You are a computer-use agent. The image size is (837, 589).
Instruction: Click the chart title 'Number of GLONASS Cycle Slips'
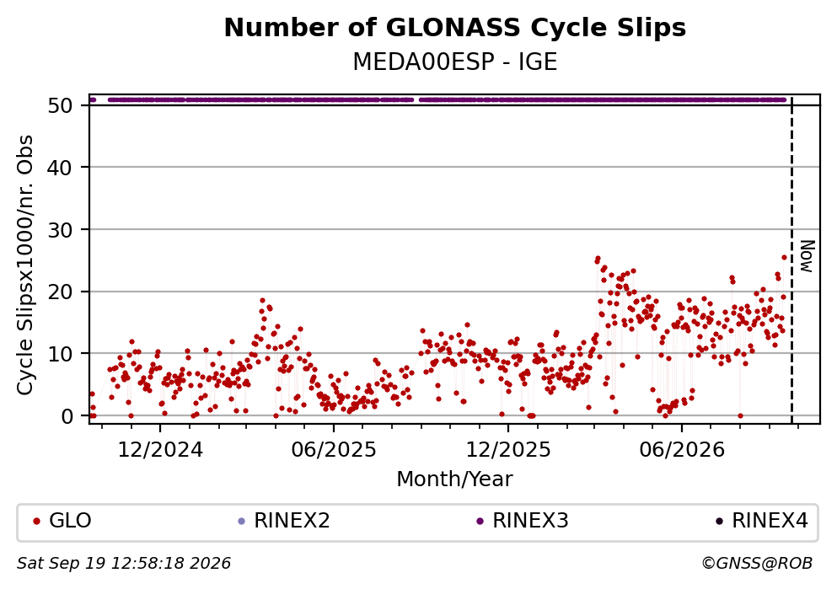point(455,28)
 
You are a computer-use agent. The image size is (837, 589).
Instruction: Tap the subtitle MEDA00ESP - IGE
point(455,62)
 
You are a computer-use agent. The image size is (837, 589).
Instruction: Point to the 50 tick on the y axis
point(60,105)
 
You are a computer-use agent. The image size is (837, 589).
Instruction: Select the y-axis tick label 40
point(60,168)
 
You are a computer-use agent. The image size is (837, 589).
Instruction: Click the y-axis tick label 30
point(60,229)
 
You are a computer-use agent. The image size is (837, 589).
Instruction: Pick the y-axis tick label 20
point(60,292)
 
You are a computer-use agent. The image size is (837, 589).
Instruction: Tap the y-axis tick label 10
point(60,354)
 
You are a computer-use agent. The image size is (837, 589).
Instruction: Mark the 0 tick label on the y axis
point(67,416)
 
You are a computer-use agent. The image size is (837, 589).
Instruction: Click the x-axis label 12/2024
point(160,450)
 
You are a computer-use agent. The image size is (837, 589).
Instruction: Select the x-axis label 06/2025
point(334,450)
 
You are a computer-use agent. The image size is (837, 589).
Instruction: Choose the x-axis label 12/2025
point(508,450)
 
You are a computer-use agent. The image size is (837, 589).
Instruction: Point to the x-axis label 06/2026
point(682,450)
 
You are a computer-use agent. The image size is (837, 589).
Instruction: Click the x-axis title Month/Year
point(454,479)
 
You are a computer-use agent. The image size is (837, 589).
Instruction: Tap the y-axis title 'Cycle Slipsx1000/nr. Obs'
point(25,265)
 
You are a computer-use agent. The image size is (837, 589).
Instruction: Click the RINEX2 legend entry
point(284,520)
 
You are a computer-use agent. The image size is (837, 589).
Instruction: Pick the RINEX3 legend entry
point(523,520)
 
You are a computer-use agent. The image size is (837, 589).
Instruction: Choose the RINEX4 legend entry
point(762,520)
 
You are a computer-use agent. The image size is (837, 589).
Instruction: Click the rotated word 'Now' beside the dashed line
point(807,256)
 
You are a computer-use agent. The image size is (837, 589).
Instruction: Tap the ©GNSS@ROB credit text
point(757,564)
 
